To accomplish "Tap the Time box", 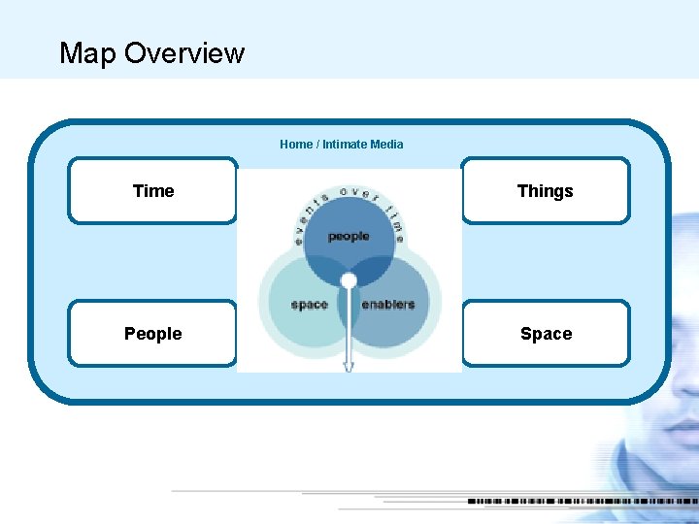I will (x=152, y=191).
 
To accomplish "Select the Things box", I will (x=545, y=191).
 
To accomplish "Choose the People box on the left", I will (x=152, y=334).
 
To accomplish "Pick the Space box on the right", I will (x=545, y=334).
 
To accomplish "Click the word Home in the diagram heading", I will (x=296, y=145).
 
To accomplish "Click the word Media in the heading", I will (x=386, y=145).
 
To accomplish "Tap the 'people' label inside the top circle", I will (x=349, y=237).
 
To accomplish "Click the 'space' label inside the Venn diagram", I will (x=309, y=305).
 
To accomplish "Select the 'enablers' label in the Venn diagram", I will (x=387, y=305).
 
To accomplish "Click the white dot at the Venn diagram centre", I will (x=349, y=281).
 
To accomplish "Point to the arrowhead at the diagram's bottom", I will (x=349, y=366).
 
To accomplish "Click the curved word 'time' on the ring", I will (x=395, y=219).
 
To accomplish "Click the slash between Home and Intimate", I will (x=317, y=145).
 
